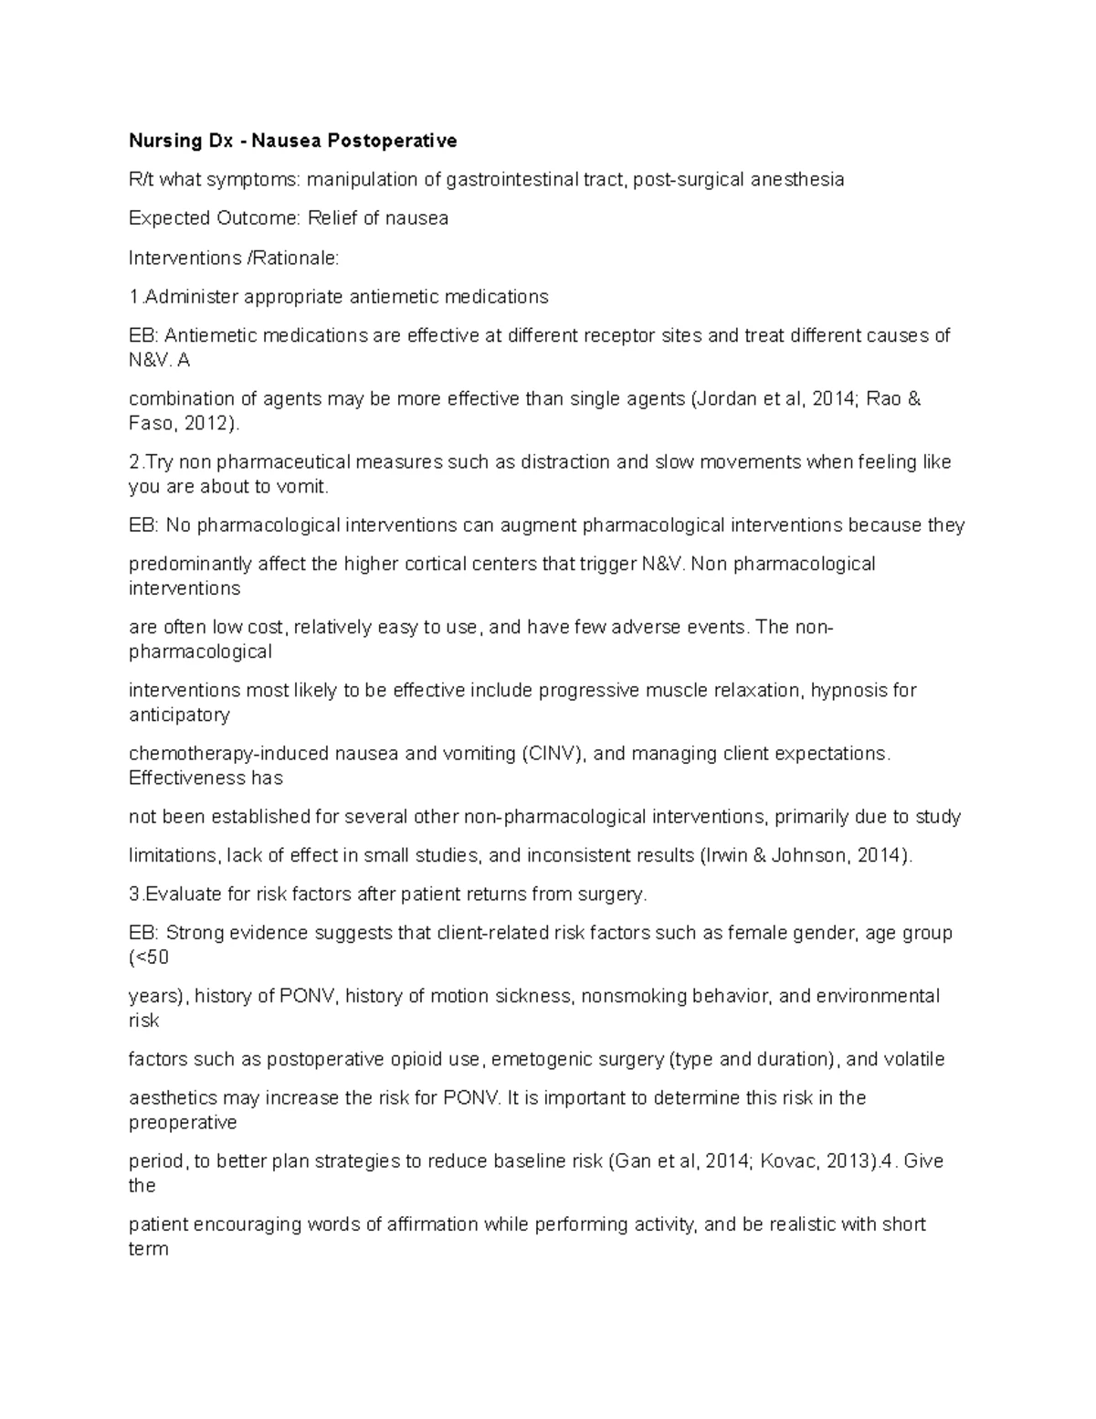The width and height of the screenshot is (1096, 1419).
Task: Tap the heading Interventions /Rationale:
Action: pyautogui.click(x=234, y=258)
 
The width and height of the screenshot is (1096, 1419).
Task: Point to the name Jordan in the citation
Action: pyautogui.click(x=724, y=399)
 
